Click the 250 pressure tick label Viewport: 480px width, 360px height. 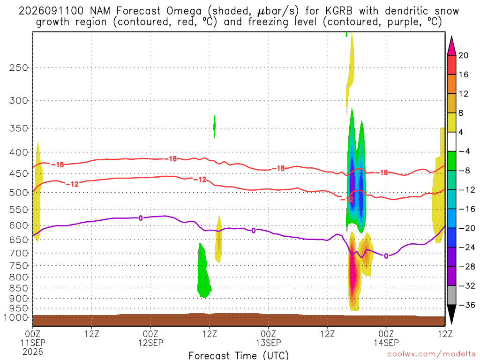pyautogui.click(x=19, y=67)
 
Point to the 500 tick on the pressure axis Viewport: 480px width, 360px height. pyautogui.click(x=19, y=193)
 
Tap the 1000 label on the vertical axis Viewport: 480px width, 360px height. pyautogui.click(x=16, y=318)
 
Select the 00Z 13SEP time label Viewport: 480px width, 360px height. pyautogui.click(x=269, y=338)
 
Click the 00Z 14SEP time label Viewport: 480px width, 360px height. pyautogui.click(x=386, y=338)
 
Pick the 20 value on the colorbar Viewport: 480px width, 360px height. pyautogui.click(x=464, y=55)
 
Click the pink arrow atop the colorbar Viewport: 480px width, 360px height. pyautogui.click(x=451, y=46)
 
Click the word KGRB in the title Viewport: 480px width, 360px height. pyautogui.click(x=339, y=11)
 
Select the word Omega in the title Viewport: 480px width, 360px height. pyautogui.click(x=184, y=11)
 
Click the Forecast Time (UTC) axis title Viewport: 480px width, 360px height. pyautogui.click(x=239, y=355)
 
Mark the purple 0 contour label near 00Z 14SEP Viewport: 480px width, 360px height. pyautogui.click(x=386, y=256)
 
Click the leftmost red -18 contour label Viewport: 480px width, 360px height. pyautogui.click(x=57, y=165)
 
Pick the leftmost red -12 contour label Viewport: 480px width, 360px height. pyautogui.click(x=72, y=184)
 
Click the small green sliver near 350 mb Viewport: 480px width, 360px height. pyautogui.click(x=214, y=127)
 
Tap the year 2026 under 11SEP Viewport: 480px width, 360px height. pyautogui.click(x=33, y=352)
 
